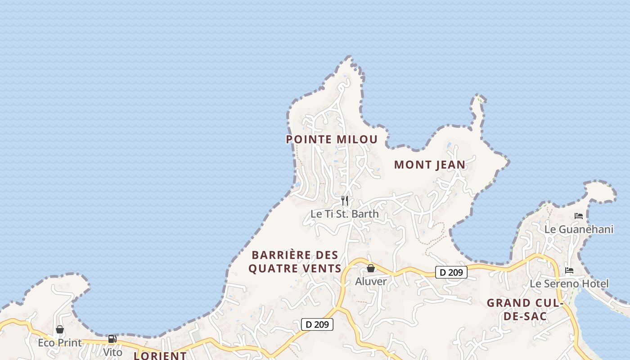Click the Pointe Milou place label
click(332, 139)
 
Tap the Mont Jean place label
click(430, 165)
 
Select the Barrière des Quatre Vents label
click(295, 262)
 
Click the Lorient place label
click(160, 355)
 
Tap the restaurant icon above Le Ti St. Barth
click(345, 200)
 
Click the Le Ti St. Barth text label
click(345, 214)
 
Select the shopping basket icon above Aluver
click(371, 268)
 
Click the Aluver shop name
click(371, 281)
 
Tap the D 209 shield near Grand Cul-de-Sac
click(451, 272)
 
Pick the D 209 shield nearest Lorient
click(317, 324)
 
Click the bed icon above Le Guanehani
click(579, 216)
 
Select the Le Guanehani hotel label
click(579, 229)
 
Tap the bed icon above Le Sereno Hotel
click(569, 270)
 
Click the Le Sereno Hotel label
click(569, 283)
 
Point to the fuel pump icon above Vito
click(112, 339)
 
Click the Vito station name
click(112, 352)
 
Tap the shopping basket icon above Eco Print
click(60, 330)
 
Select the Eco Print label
click(60, 343)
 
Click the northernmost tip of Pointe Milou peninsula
click(349, 57)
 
